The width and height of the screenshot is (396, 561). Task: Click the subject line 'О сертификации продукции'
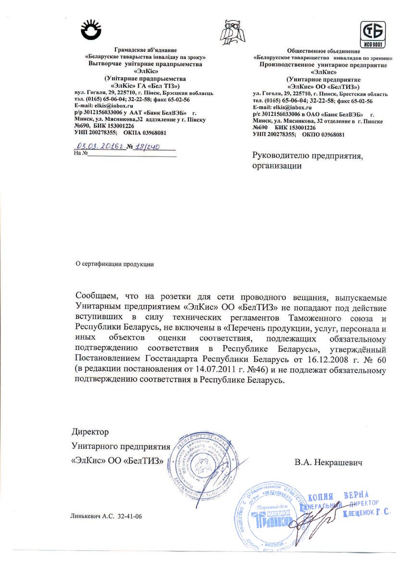pyautogui.click(x=115, y=263)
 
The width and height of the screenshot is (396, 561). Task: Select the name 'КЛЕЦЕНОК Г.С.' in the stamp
pyautogui.click(x=366, y=513)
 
